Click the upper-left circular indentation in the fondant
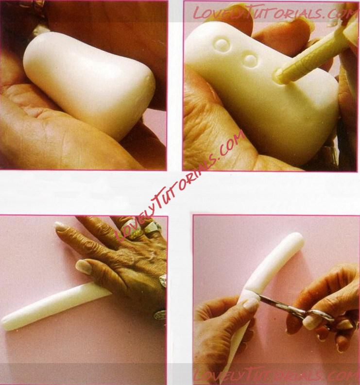tap(223, 45)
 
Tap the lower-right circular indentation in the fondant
tap(250, 60)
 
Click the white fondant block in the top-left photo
tap(89, 84)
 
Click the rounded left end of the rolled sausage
tap(7, 323)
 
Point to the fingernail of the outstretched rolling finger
tap(60, 226)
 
